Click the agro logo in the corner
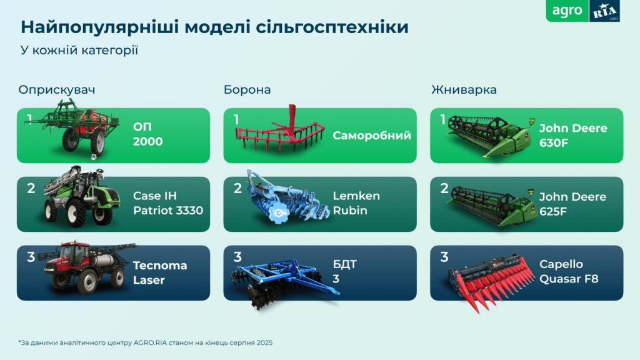567,11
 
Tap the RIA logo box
604,11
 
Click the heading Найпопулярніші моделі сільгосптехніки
215,27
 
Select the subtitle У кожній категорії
79,50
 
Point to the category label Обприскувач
56,89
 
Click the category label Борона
247,89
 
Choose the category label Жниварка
464,89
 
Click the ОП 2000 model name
147,134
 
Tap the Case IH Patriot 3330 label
168,203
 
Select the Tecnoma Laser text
160,272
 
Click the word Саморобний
372,135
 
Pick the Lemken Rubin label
356,203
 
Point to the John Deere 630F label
573,134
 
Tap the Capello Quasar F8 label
569,272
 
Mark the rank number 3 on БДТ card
237,257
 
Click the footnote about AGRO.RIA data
146,342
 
